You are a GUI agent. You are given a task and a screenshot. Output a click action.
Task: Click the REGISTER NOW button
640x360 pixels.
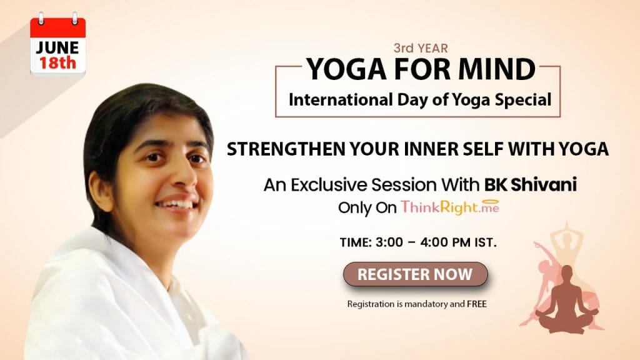(x=416, y=274)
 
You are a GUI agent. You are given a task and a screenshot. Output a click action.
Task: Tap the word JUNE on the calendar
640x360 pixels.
(x=57, y=48)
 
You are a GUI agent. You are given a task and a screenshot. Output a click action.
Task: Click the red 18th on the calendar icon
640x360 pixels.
(x=57, y=63)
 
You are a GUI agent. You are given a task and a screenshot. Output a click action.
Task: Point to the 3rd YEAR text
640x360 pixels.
(x=421, y=48)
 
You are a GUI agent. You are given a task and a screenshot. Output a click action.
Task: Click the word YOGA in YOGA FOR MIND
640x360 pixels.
(x=346, y=69)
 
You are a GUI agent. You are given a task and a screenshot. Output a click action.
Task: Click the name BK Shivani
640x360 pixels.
(x=531, y=184)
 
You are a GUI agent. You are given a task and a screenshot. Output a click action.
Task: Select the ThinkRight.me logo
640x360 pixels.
(x=450, y=207)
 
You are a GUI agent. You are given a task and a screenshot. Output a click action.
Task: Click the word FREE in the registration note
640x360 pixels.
(x=477, y=304)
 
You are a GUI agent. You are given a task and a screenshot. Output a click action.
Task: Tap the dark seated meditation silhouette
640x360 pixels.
(x=565, y=300)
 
